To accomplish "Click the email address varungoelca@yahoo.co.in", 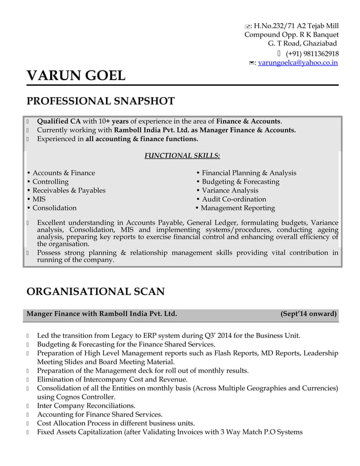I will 298,63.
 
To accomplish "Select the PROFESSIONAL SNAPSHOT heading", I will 100,102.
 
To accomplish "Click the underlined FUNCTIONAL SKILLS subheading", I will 182,155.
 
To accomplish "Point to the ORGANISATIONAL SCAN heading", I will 95,292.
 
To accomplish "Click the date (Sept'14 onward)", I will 309,314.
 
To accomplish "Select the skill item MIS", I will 39,199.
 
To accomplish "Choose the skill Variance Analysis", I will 230,190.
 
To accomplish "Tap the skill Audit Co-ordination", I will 234,199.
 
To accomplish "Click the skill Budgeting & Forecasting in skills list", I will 240,182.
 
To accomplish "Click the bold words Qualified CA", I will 59,121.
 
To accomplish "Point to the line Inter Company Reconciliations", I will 86,406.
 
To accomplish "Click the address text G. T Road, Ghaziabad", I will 302,43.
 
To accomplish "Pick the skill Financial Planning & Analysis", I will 249,173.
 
